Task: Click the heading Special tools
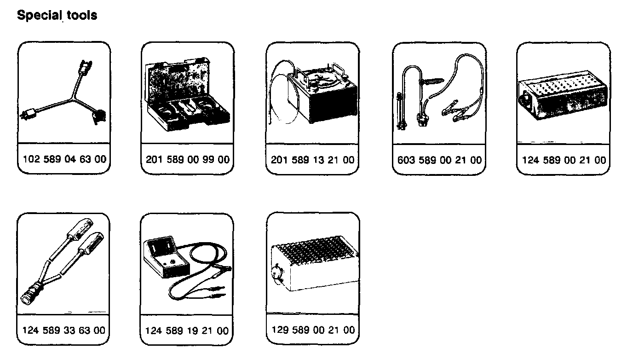[57, 15]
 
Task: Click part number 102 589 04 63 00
[64, 160]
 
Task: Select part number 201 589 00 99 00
[187, 160]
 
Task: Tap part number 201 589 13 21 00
[313, 160]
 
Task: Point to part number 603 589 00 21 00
[439, 160]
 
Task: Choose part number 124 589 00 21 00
[564, 160]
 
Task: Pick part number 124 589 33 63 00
[63, 330]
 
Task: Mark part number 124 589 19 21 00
[186, 331]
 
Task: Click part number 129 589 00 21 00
[313, 330]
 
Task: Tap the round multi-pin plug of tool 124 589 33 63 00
[31, 295]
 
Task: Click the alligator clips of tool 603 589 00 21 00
[455, 110]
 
